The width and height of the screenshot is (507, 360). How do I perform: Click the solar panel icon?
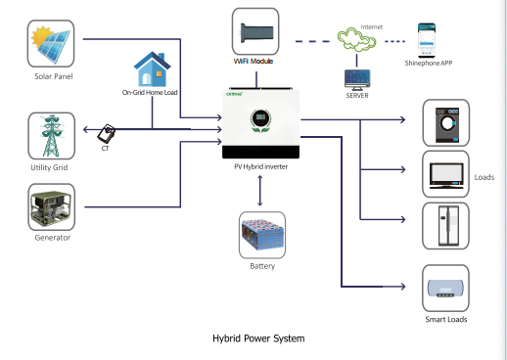tap(53, 42)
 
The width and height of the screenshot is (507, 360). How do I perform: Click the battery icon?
tap(261, 236)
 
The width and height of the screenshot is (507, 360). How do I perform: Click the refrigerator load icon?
tap(445, 227)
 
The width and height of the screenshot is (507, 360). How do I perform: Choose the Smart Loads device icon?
tap(445, 289)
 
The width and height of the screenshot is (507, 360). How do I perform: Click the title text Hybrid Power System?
tap(258, 338)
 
